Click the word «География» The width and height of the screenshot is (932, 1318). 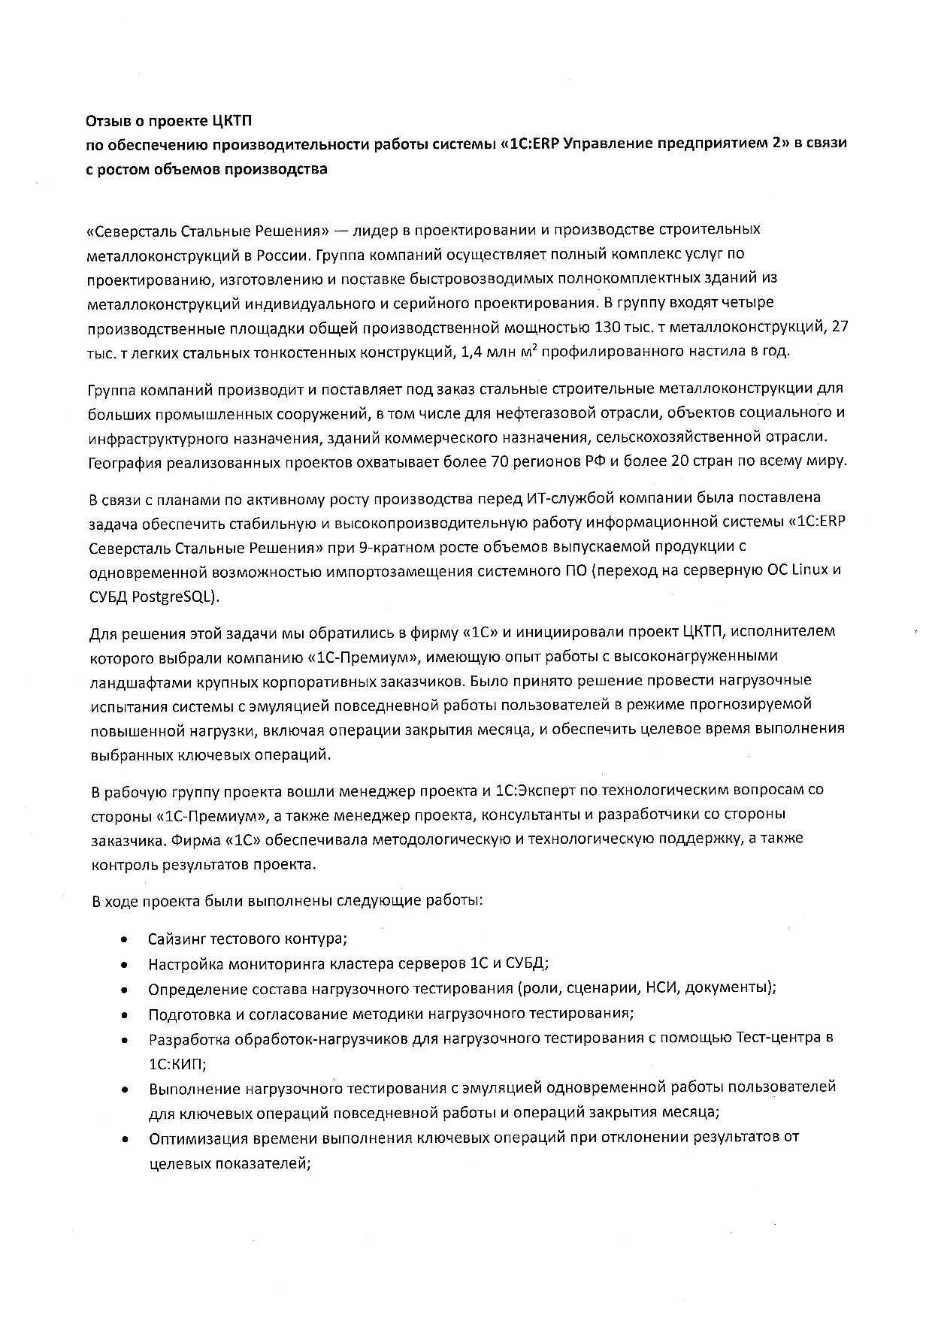click(x=125, y=461)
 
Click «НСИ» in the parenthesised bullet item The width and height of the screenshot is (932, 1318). click(x=661, y=987)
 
